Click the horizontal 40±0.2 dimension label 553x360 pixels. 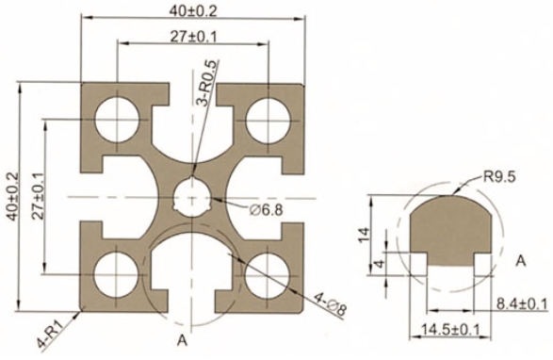click(x=192, y=10)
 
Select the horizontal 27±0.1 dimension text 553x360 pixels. click(x=193, y=37)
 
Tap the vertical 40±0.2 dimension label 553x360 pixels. click(x=12, y=196)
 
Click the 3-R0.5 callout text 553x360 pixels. click(x=207, y=83)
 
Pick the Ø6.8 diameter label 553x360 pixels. click(x=266, y=210)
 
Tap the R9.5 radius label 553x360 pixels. click(x=499, y=176)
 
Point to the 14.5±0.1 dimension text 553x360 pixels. click(x=450, y=330)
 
